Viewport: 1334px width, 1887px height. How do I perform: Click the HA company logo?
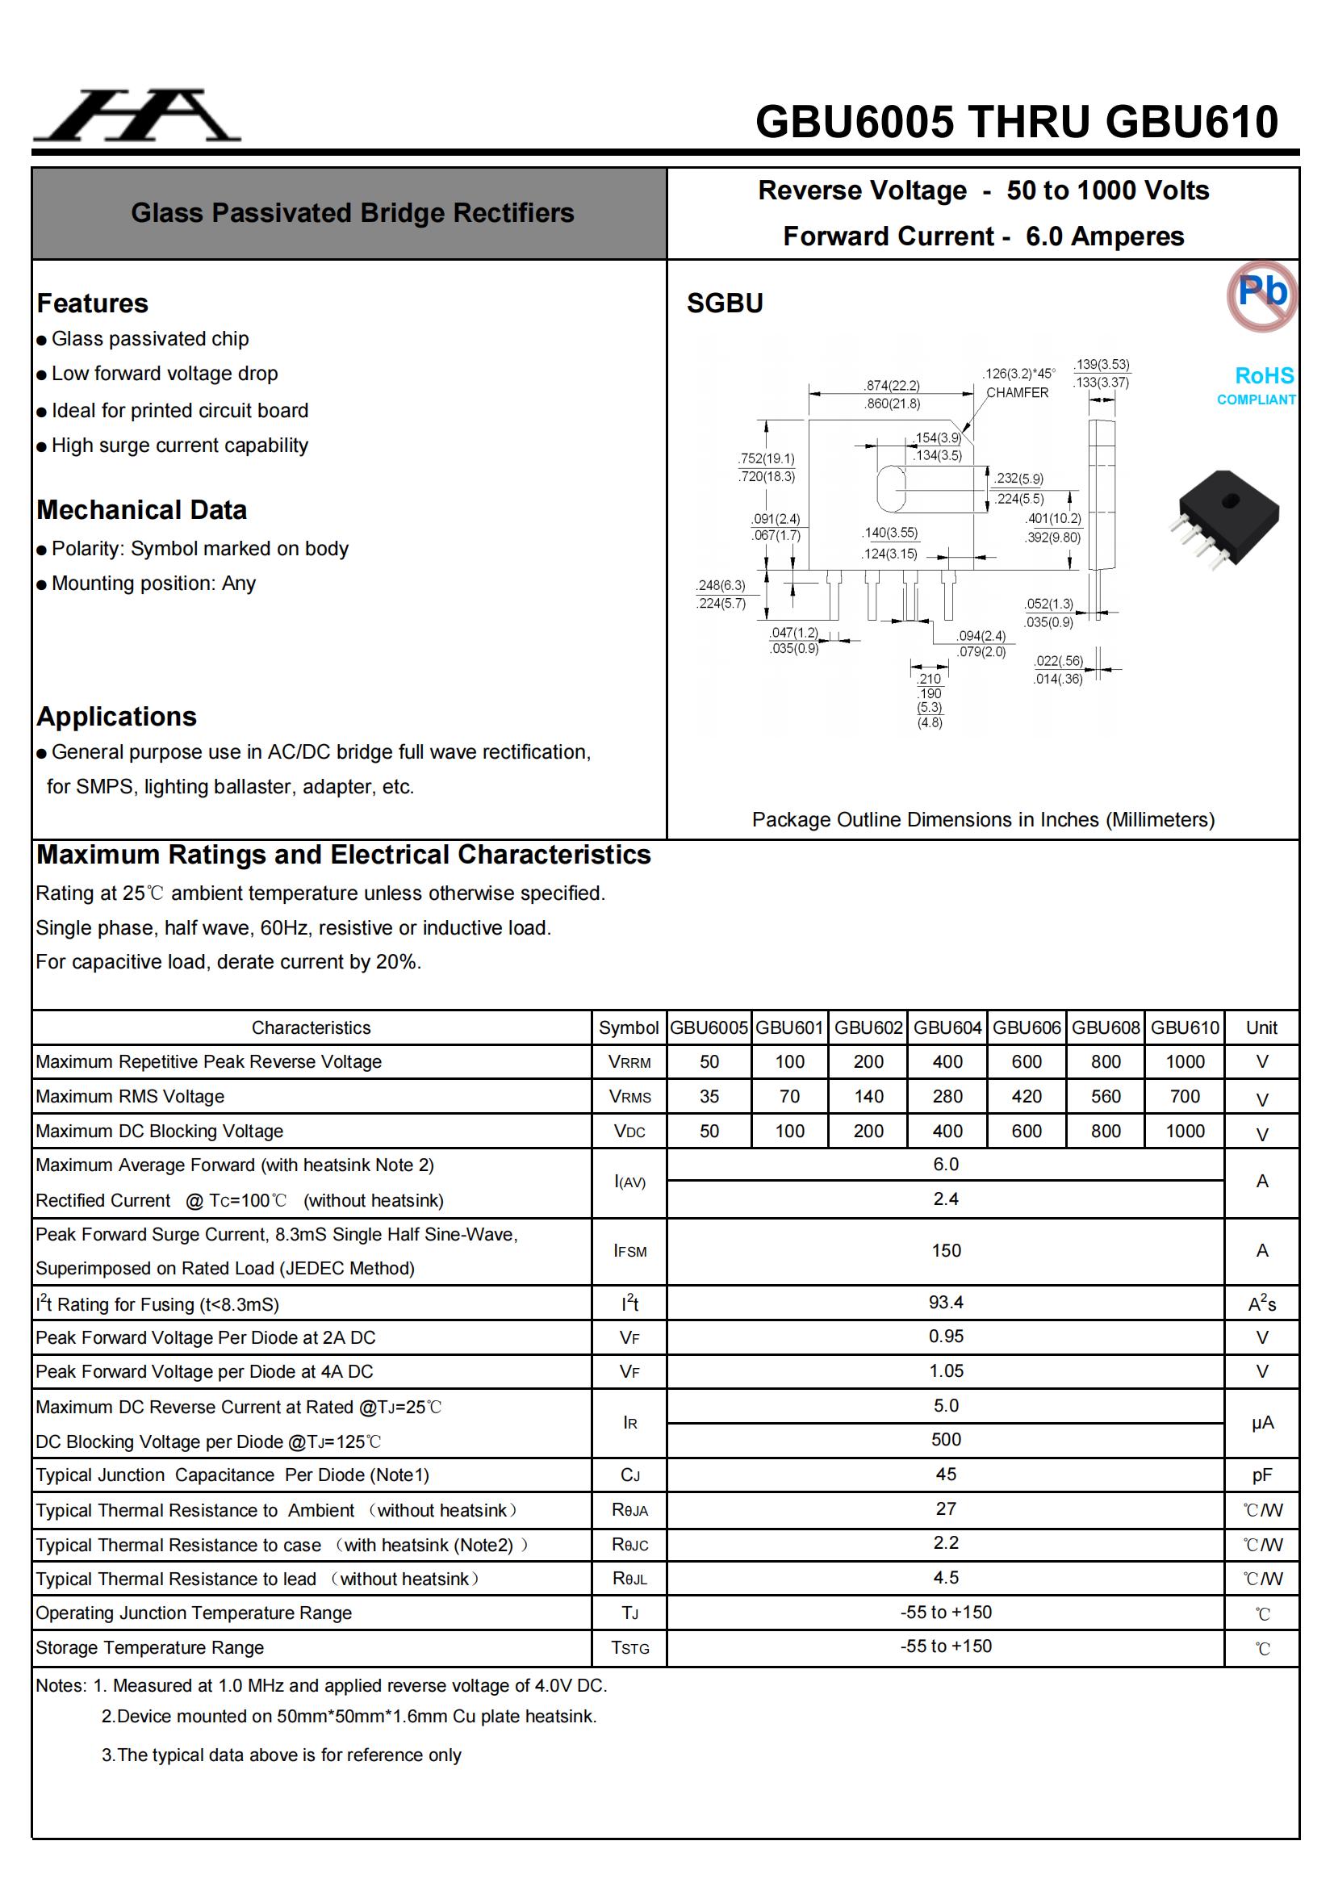(136, 115)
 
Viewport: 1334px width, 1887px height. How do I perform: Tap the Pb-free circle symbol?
(1261, 295)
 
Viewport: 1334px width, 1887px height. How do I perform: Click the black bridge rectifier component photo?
(1225, 518)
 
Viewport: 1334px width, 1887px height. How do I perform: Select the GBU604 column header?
(947, 1027)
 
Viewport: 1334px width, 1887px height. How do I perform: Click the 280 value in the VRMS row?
(947, 1096)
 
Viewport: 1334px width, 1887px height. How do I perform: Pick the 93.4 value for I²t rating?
(945, 1303)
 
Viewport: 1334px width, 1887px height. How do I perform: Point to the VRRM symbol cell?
(629, 1062)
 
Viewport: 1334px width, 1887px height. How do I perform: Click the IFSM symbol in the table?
(629, 1251)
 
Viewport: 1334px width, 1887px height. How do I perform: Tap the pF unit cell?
(1261, 1475)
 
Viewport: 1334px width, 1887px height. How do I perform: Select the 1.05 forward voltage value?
(945, 1371)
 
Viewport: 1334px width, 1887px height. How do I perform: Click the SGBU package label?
(724, 303)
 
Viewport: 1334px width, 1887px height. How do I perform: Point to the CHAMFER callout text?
(1017, 393)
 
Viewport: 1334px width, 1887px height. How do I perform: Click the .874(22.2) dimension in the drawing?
(892, 386)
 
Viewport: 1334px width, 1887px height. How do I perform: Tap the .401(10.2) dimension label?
(1053, 519)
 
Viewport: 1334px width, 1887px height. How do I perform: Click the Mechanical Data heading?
(141, 509)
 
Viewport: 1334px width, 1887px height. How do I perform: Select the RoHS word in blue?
(1263, 375)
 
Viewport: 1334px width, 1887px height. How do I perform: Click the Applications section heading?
(117, 717)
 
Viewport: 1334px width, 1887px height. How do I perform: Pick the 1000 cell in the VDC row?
(1185, 1131)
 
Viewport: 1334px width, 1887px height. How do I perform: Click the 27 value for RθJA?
(945, 1509)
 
